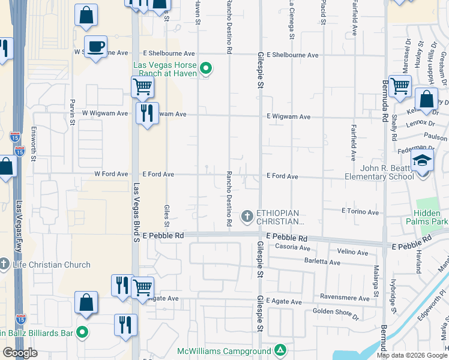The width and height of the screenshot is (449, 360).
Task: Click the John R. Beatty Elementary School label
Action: (379, 172)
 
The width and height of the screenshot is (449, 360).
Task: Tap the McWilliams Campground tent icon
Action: (280, 350)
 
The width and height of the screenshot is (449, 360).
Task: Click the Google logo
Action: (20, 353)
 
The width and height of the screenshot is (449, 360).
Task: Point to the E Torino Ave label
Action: (360, 212)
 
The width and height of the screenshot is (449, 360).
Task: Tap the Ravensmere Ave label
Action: (345, 298)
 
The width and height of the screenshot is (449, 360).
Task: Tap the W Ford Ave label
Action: (111, 174)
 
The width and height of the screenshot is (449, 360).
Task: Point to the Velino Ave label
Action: (352, 252)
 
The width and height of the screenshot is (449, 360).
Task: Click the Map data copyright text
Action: (411, 355)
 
